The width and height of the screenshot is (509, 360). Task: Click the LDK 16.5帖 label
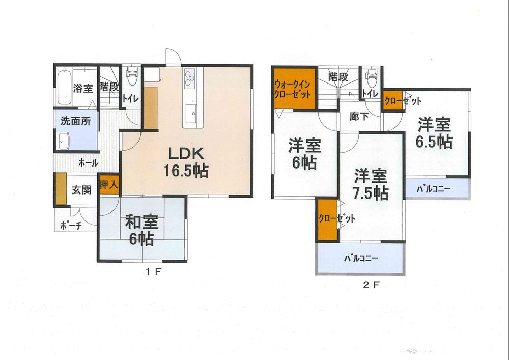click(184, 162)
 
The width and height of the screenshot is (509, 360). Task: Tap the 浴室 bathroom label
click(82, 88)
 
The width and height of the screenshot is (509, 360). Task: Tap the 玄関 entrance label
click(81, 190)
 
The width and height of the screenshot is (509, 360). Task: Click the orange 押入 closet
click(109, 184)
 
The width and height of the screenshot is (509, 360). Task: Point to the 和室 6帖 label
click(142, 230)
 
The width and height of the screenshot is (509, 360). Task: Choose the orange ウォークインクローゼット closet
click(294, 92)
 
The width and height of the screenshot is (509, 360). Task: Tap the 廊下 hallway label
click(359, 116)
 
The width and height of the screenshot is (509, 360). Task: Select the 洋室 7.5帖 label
click(371, 184)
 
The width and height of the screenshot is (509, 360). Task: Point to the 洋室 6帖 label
click(304, 154)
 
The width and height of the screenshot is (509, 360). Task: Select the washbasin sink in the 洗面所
click(64, 140)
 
